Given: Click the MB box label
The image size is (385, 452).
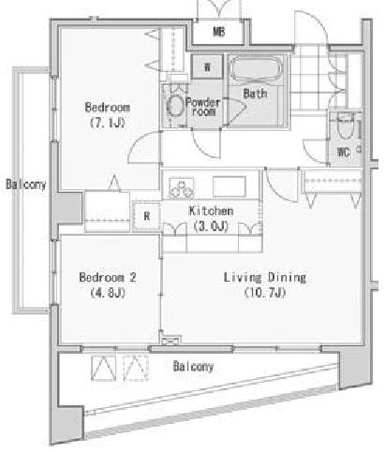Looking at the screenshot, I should click(218, 33).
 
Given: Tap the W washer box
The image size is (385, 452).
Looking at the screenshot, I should click(206, 67).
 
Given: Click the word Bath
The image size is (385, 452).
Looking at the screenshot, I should click(254, 94).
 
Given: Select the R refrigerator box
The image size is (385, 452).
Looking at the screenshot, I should click(146, 217).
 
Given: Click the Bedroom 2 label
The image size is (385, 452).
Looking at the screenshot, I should click(108, 278).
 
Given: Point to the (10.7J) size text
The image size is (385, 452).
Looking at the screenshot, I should click(266, 293).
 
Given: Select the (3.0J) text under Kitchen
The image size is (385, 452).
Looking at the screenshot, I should click(211, 226).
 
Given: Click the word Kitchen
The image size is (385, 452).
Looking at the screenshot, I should click(211, 211).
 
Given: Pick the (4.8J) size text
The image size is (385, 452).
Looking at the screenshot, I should click(108, 293).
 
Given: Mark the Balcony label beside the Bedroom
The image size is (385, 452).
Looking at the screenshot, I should click(23, 184).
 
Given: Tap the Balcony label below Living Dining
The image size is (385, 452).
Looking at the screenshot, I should click(193, 368).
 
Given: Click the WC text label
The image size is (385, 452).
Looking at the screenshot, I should click(342, 151).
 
